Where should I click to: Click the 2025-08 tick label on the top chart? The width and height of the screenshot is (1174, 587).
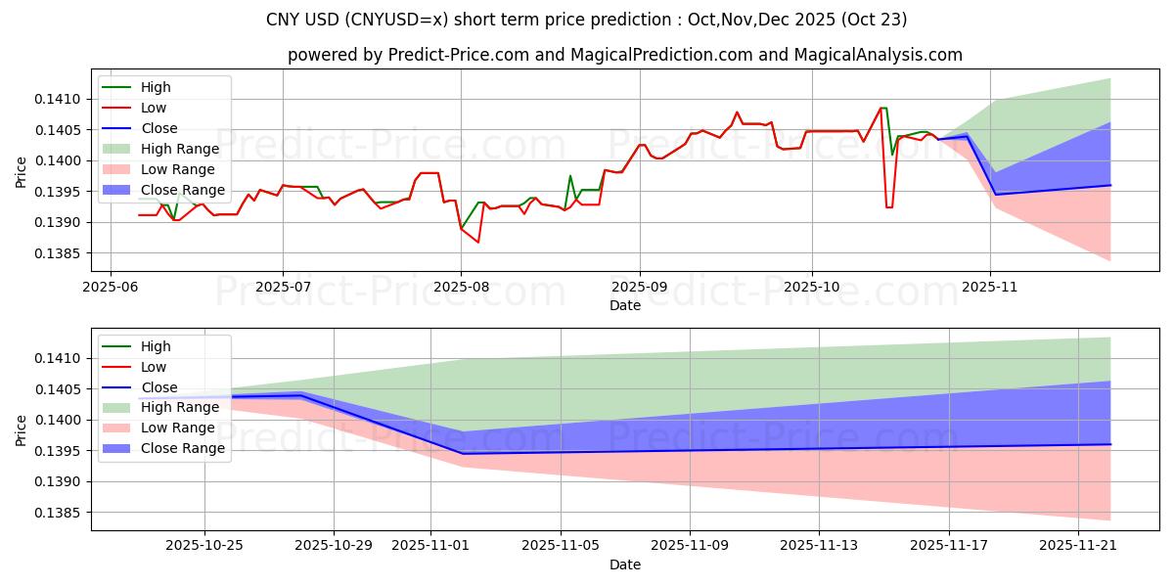click(x=461, y=287)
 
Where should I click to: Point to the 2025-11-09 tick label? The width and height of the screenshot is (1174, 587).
click(x=690, y=546)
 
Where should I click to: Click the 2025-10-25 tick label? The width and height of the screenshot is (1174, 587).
click(x=204, y=546)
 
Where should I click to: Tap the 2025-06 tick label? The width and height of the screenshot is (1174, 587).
click(x=110, y=287)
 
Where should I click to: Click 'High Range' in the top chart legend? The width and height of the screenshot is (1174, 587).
click(x=181, y=149)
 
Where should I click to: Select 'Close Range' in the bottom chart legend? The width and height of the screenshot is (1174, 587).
click(x=183, y=449)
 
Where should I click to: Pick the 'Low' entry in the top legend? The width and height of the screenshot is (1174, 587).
click(x=154, y=108)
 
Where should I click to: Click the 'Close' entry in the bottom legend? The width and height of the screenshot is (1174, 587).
click(x=159, y=387)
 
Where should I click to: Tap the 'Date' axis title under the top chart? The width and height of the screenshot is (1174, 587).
click(x=625, y=305)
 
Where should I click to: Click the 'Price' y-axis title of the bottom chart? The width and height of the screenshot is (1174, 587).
click(x=22, y=430)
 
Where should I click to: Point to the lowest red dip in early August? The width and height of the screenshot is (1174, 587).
click(x=478, y=242)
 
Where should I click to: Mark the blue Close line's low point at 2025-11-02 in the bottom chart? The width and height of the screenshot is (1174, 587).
click(x=462, y=453)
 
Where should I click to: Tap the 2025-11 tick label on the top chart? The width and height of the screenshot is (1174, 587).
click(x=990, y=287)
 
